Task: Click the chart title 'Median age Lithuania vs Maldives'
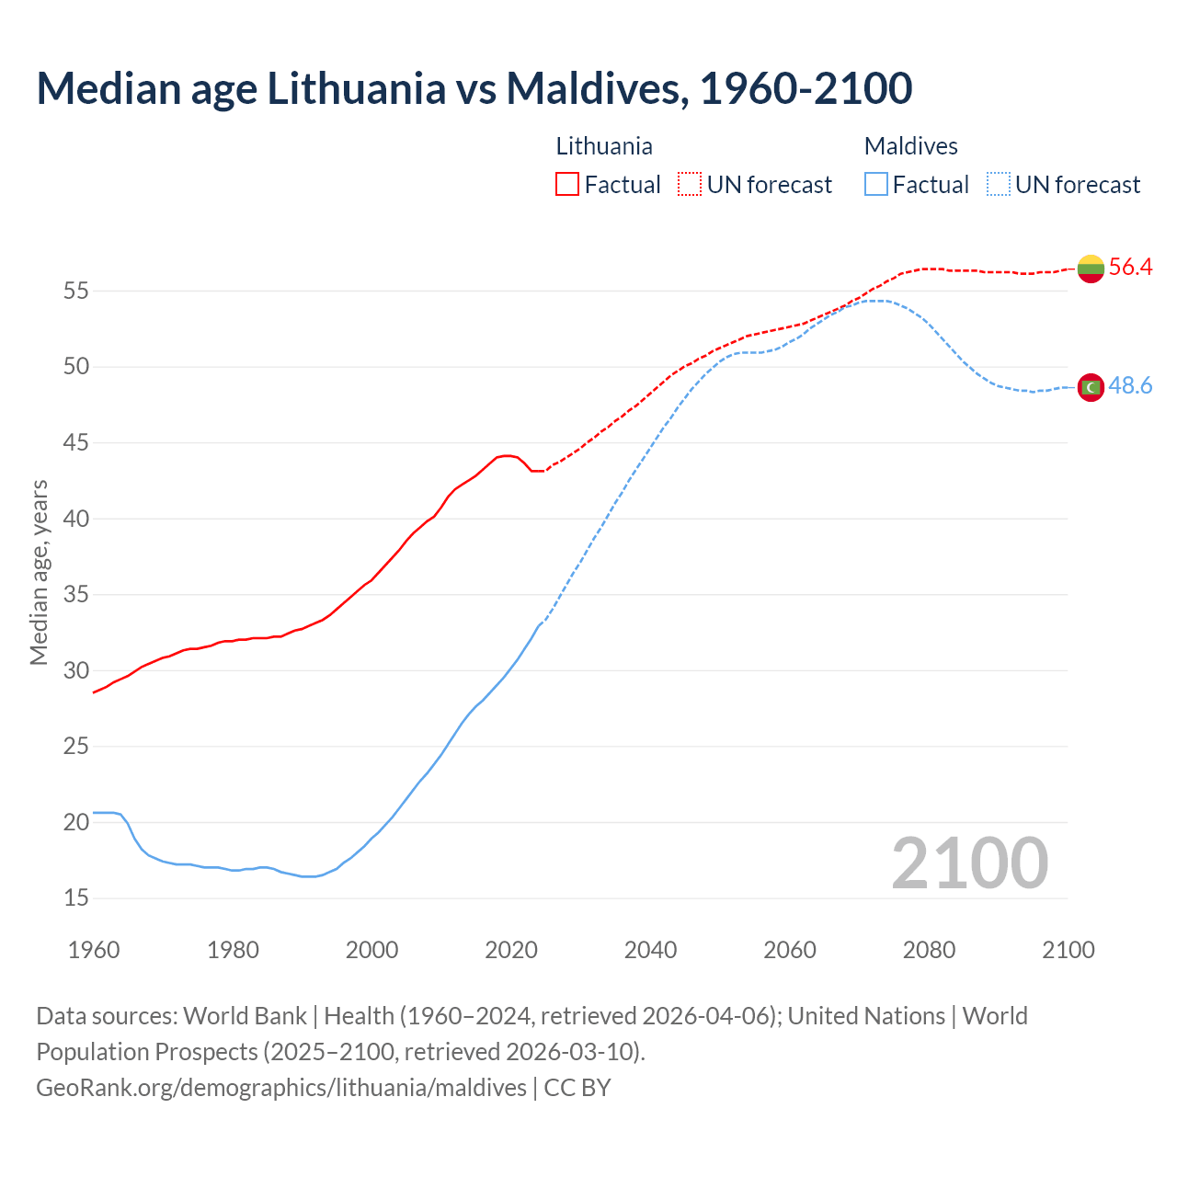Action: click(x=474, y=88)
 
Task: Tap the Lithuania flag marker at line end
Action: click(x=1091, y=268)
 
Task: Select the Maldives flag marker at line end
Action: click(x=1091, y=387)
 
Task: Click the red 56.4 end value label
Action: click(x=1130, y=268)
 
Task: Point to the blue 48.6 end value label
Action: click(x=1130, y=386)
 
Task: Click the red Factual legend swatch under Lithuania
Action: click(x=567, y=185)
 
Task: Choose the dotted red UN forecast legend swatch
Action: click(x=690, y=185)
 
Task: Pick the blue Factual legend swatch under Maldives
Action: click(x=876, y=185)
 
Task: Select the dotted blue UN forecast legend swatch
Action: click(x=999, y=185)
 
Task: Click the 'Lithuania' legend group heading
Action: click(x=604, y=146)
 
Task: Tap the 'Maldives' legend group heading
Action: click(x=910, y=146)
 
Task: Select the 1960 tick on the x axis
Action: click(x=94, y=950)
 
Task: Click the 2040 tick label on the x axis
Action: click(x=650, y=950)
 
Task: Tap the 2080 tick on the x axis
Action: click(x=929, y=950)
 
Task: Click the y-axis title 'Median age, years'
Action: click(x=39, y=572)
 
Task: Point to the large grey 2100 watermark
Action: click(x=969, y=863)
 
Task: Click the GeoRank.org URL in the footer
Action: click(x=281, y=1088)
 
